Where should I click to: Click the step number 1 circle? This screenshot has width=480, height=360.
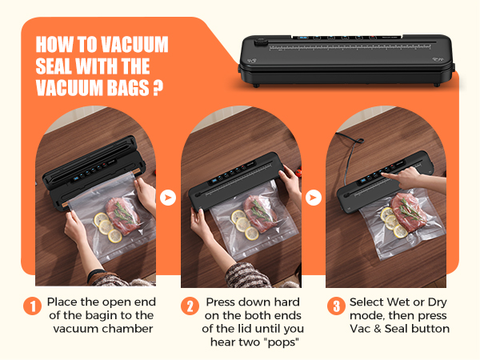pos(32,306)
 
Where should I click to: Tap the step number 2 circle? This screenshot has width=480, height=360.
pos(190,306)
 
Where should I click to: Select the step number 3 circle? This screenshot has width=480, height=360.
pos(336,306)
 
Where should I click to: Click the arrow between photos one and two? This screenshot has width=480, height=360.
pos(168,198)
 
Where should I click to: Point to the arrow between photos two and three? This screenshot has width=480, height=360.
pos(313,198)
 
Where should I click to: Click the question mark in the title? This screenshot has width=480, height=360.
pos(158,88)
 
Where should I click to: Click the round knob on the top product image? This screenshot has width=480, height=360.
pos(261,42)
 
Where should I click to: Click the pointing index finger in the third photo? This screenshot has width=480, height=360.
pos(390,175)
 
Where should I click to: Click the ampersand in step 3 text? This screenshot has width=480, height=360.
pos(378,329)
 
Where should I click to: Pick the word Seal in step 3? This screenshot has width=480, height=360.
pos(397,329)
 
